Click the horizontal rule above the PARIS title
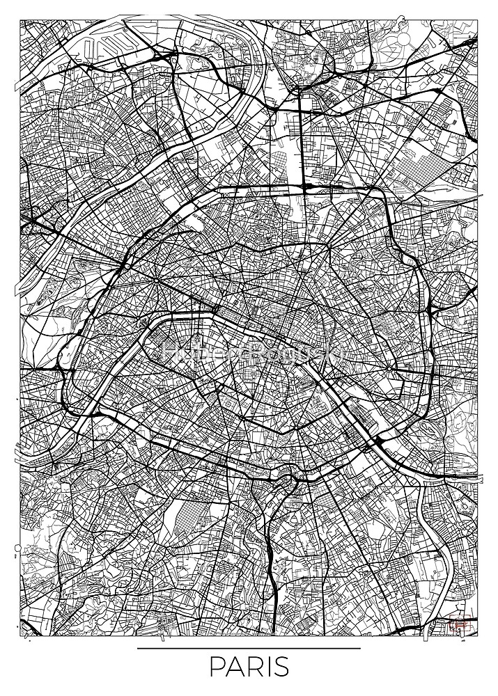pyautogui.click(x=249, y=649)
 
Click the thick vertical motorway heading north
pyautogui.click(x=301, y=139)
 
